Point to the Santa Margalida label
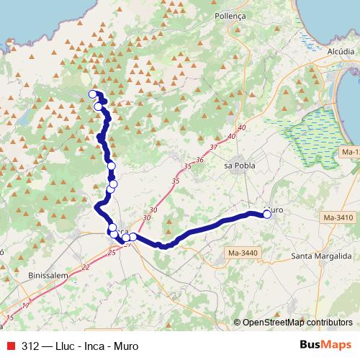pos(320,256)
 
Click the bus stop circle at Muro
pos(267,214)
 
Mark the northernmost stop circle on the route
pos(92,94)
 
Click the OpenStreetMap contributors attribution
pos(293,323)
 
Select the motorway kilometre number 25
pos(111,252)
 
